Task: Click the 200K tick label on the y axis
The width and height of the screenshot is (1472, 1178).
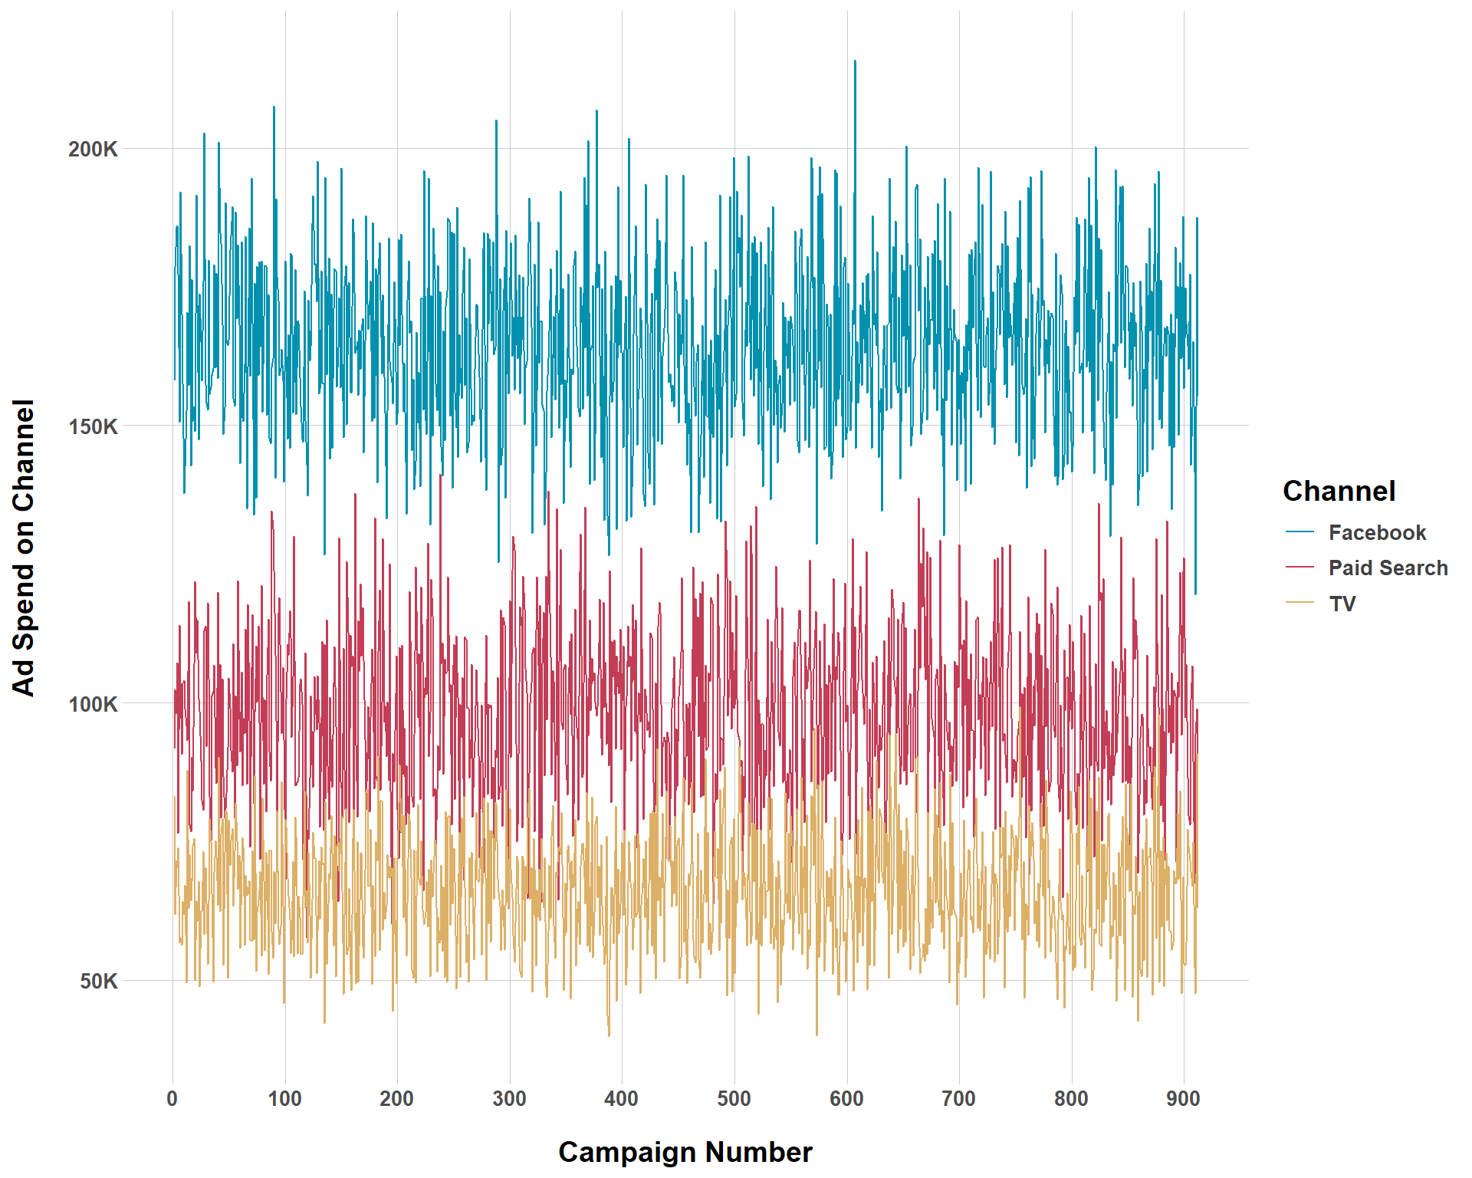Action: [93, 149]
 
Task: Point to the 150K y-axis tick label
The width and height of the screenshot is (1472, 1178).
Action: [93, 426]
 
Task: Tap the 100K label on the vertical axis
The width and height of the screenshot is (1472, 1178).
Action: [93, 704]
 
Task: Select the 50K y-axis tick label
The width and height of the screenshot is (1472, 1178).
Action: [99, 981]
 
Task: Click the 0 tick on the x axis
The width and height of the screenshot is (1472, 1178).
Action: [172, 1099]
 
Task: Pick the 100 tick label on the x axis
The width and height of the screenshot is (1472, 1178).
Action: [284, 1099]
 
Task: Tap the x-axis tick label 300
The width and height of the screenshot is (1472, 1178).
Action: [509, 1099]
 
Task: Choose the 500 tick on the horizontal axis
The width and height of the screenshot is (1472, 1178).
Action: [734, 1099]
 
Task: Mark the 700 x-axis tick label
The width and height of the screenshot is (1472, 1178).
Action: [958, 1099]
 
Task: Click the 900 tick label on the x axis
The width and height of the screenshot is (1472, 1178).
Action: [1183, 1099]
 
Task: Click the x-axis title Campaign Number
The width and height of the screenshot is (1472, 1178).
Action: [685, 1152]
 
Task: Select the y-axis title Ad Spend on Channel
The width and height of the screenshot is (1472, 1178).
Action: [24, 548]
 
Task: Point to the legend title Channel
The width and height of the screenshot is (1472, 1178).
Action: [1339, 491]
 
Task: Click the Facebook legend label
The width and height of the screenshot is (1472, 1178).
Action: [1377, 532]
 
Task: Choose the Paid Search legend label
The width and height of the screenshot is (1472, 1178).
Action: [1388, 568]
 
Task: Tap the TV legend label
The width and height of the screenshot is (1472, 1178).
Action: [1342, 604]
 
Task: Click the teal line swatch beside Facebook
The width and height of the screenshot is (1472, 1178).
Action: [1299, 531]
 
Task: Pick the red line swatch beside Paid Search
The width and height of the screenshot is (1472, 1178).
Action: [1299, 568]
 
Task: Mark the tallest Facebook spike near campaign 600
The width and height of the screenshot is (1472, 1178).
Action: [855, 61]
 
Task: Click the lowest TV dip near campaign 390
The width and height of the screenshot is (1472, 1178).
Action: [609, 1035]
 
